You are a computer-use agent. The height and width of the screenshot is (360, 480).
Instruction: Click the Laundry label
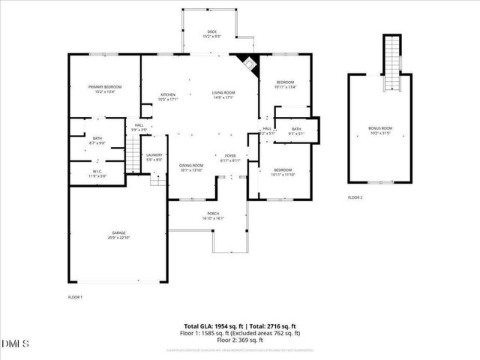point(154,157)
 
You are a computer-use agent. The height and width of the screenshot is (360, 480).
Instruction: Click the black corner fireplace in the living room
point(246,63)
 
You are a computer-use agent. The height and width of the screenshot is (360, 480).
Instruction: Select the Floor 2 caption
point(355,197)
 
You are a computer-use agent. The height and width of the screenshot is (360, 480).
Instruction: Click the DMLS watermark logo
point(16,344)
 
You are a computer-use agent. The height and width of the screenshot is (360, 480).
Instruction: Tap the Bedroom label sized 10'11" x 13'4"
point(285,84)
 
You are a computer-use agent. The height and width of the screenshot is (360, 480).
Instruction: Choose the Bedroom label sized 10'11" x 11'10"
point(282,172)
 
